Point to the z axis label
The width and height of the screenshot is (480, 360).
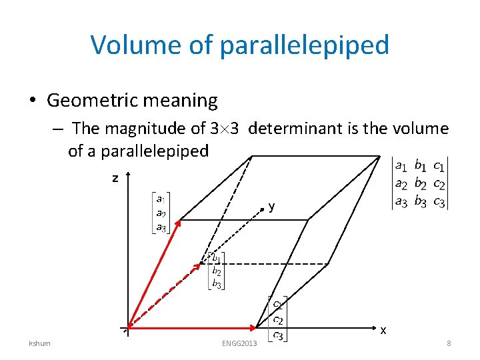pos(115,178)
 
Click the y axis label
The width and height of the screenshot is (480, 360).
pos(271,207)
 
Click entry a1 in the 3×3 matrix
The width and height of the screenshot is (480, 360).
pos(401,164)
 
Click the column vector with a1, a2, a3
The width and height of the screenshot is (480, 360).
pos(161,213)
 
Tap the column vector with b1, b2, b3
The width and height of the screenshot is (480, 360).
pos(217,271)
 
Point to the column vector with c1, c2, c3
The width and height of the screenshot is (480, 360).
pos(277,319)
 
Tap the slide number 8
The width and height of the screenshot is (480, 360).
pos(449,343)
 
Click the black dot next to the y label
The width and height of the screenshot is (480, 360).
pos(263,209)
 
